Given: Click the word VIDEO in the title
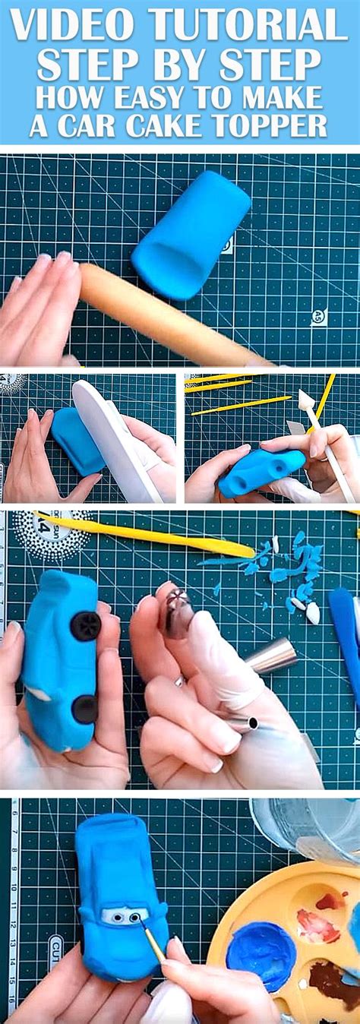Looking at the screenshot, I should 73,25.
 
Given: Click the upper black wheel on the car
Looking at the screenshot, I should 85,625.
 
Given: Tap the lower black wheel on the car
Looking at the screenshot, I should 84,709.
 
